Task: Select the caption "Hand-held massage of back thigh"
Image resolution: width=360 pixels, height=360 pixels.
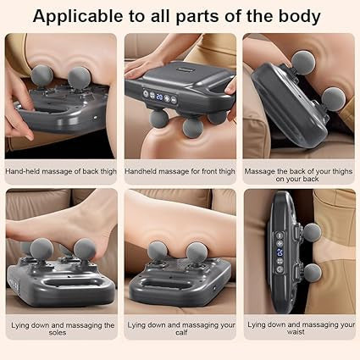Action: coord(60,171)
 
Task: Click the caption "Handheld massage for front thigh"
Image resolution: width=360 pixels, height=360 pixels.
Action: coord(180,171)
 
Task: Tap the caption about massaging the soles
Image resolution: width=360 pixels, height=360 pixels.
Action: coord(60,330)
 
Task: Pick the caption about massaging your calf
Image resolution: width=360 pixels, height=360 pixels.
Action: coord(180,330)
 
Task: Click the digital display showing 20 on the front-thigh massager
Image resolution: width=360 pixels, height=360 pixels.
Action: coord(158,97)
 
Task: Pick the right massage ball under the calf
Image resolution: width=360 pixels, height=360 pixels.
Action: coord(197,252)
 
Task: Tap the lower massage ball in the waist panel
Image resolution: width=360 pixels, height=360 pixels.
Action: coord(312,271)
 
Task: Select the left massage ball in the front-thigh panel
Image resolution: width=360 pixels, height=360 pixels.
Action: coord(159,118)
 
